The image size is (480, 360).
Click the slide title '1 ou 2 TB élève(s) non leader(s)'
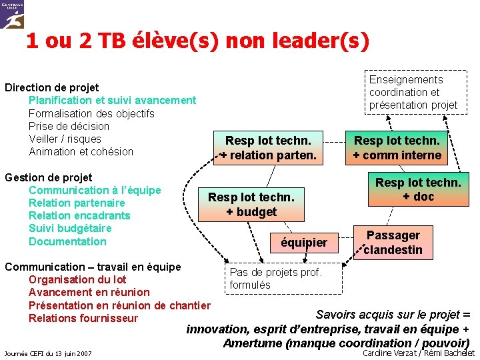[x=197, y=41]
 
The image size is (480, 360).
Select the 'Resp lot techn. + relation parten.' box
[x=268, y=148]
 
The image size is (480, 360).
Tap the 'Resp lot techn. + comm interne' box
[x=397, y=148]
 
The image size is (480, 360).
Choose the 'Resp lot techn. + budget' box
[x=251, y=204]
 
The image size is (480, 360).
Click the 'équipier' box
[x=304, y=243]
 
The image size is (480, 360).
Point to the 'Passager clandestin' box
[x=393, y=243]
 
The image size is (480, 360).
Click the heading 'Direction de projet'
[x=52, y=87]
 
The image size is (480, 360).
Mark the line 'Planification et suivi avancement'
[x=112, y=100]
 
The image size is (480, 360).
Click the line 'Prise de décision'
[x=69, y=126]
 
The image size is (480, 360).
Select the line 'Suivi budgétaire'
[x=70, y=229]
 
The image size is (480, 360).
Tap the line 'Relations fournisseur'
[x=83, y=318]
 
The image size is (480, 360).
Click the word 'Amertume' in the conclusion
[x=252, y=343]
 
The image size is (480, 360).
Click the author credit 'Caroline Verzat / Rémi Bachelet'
[x=419, y=353]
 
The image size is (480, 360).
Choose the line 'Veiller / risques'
[x=65, y=139]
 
